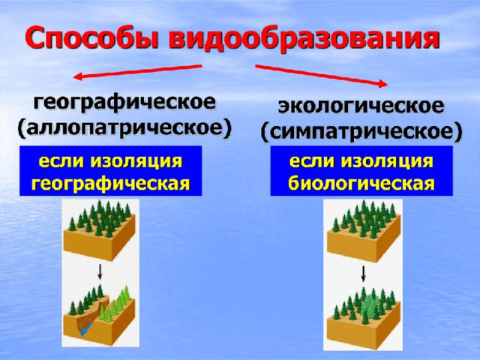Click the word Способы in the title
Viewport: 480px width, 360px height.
coord(92,38)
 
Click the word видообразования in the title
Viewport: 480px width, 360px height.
coord(304,39)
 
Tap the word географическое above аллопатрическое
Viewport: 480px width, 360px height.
coord(124,103)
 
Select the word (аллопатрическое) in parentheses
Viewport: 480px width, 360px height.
coord(124,129)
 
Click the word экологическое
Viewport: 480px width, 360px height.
coord(361,106)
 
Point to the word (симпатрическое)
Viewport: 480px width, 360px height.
coord(361,133)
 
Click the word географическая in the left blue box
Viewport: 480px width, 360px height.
coord(111,184)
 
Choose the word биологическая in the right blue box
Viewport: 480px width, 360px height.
coord(361,184)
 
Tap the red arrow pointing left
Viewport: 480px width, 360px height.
coord(138,72)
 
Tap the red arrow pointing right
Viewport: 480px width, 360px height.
coord(322,76)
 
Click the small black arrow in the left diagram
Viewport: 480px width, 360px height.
coord(100,271)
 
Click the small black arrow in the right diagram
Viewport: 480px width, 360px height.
coord(363,274)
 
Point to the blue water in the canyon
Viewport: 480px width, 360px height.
coord(86,329)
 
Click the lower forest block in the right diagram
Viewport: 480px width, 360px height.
coord(364,318)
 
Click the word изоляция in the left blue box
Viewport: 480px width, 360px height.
coord(136,162)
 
